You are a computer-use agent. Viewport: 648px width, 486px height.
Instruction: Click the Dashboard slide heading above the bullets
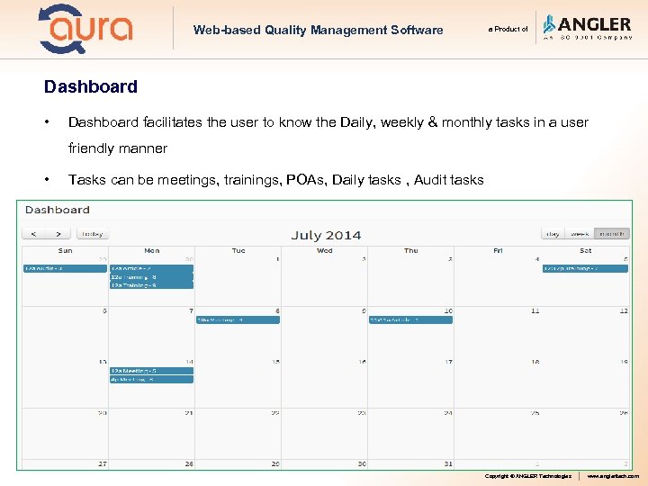click(91, 87)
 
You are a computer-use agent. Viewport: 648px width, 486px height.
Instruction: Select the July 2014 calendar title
click(326, 235)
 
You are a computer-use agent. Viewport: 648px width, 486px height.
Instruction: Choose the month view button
click(614, 234)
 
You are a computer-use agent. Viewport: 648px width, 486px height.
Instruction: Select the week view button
click(581, 234)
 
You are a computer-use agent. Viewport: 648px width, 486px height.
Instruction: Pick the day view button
click(552, 234)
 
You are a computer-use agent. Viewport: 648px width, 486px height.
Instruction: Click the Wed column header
click(325, 250)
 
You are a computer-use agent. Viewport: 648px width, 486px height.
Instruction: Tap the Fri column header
click(498, 250)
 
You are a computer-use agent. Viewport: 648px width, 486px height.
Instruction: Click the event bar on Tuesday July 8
click(238, 319)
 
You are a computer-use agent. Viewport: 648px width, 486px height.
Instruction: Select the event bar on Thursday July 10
click(410, 319)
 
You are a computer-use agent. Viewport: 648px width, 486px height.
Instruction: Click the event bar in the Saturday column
click(584, 268)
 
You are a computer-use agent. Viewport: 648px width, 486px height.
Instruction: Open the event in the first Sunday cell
click(64, 268)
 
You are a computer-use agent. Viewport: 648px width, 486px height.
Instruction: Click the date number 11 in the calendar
click(535, 310)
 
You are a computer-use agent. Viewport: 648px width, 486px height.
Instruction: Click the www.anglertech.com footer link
click(613, 476)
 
